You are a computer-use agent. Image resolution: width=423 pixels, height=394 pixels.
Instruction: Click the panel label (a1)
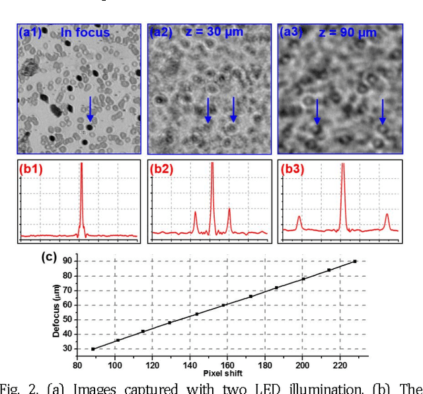tap(30, 32)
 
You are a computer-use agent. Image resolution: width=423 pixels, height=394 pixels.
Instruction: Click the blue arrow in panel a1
tap(91, 109)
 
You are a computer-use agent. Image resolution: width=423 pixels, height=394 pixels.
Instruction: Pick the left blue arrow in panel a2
tap(208, 109)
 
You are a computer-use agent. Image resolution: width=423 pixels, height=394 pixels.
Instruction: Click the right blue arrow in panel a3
tap(382, 111)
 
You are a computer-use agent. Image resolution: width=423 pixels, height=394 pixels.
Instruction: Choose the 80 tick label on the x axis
tap(77, 364)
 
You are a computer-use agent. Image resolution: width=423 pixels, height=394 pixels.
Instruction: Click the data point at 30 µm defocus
tap(93, 349)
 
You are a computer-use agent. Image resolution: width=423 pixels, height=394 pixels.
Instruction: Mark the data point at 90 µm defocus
tap(355, 262)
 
